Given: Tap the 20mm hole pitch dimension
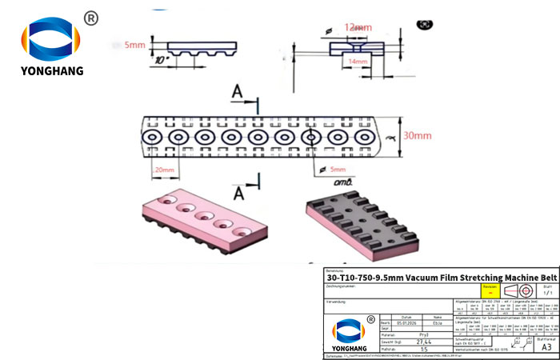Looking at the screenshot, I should point(165,170).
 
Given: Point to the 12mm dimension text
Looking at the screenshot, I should point(358,27).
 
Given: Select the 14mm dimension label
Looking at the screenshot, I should point(358,61).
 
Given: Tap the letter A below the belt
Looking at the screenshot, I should point(238,193).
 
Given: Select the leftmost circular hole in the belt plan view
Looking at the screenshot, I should point(152,138).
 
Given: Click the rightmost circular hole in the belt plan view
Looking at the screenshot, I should point(362,138).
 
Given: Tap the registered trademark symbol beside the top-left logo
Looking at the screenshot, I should point(90,18).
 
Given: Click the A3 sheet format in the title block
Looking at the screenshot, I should point(546,348).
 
